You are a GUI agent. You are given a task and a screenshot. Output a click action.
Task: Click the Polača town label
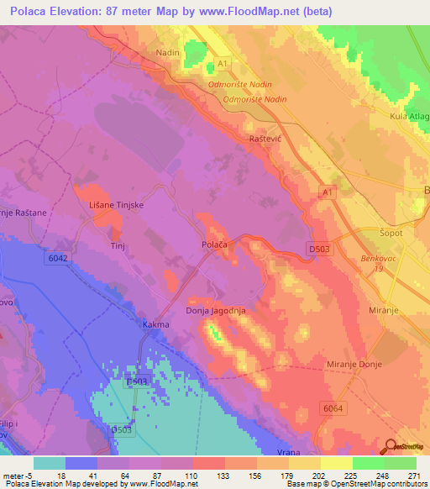(216, 243)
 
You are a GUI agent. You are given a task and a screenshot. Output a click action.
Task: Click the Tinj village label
(118, 246)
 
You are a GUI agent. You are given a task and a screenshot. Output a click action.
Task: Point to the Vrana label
(288, 452)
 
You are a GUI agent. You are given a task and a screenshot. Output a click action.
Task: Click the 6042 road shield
(55, 260)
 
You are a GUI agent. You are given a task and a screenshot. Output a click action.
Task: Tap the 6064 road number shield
(332, 407)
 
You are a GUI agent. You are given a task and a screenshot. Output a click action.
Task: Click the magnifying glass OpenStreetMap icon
(391, 447)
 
